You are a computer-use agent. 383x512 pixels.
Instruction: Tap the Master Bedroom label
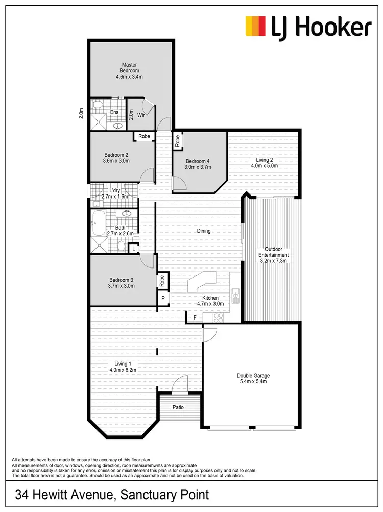pyautogui.click(x=129, y=67)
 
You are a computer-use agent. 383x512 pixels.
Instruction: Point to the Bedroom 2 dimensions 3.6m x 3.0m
pyautogui.click(x=116, y=161)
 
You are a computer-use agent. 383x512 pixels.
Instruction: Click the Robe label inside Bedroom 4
pyautogui.click(x=177, y=141)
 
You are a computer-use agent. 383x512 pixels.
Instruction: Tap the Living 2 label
pyautogui.click(x=266, y=159)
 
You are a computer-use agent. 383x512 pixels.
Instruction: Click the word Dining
pyautogui.click(x=204, y=231)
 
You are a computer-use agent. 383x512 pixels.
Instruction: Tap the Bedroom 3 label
pyautogui.click(x=121, y=280)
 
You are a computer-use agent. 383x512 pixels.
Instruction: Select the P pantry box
pyautogui.click(x=162, y=298)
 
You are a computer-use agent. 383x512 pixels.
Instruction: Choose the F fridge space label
pyautogui.click(x=194, y=318)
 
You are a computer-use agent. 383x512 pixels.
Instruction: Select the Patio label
pyautogui.click(x=177, y=407)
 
